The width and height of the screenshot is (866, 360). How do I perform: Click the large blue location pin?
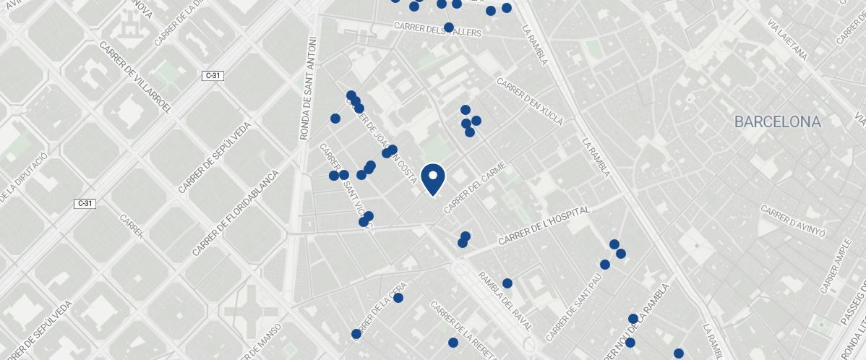(x=432, y=179)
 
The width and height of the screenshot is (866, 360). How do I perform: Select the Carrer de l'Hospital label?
(x=544, y=225)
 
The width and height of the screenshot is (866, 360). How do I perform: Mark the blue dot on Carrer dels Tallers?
(x=448, y=27)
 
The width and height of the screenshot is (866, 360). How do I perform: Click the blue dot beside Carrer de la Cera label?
(x=398, y=298)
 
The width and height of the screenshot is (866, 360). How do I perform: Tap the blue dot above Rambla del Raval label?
(x=507, y=283)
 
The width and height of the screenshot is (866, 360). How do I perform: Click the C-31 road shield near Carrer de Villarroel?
(x=212, y=75)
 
